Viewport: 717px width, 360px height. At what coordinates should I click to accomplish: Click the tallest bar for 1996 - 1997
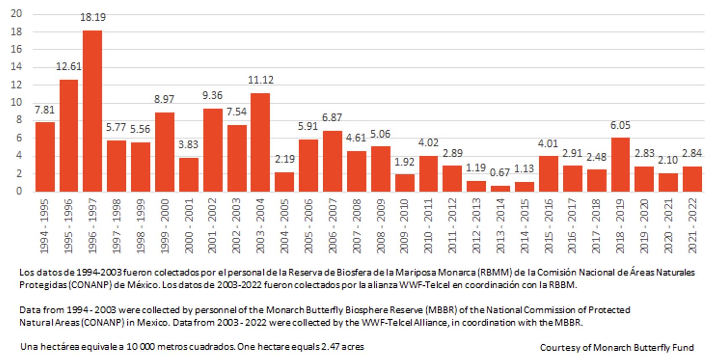coord(92,111)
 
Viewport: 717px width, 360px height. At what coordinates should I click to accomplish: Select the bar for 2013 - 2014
coord(500,188)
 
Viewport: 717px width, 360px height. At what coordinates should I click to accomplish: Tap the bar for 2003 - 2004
coord(260,142)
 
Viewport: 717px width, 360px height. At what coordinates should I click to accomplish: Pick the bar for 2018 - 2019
coord(620,164)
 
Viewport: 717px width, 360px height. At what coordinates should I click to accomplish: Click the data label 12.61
coord(69,67)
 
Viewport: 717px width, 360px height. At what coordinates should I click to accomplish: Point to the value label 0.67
coord(500,173)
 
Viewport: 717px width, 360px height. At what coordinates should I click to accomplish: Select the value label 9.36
coord(212,96)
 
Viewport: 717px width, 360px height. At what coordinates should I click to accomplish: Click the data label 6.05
coord(620,125)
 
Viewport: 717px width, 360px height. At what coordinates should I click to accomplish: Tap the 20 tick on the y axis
coord(16,14)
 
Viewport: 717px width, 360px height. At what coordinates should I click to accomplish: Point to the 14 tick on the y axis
coord(16,67)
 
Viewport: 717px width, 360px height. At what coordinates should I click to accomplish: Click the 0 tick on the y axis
coord(19,191)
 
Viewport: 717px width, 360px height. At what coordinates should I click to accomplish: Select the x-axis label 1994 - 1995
coord(44,226)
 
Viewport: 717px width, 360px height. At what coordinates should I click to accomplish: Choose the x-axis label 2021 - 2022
coord(693,226)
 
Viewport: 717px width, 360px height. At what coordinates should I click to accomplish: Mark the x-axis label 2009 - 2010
coord(404,226)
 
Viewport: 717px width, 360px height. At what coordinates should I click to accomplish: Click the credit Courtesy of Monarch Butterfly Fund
coord(617,348)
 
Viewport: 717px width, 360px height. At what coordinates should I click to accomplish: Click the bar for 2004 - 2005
coord(285,182)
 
